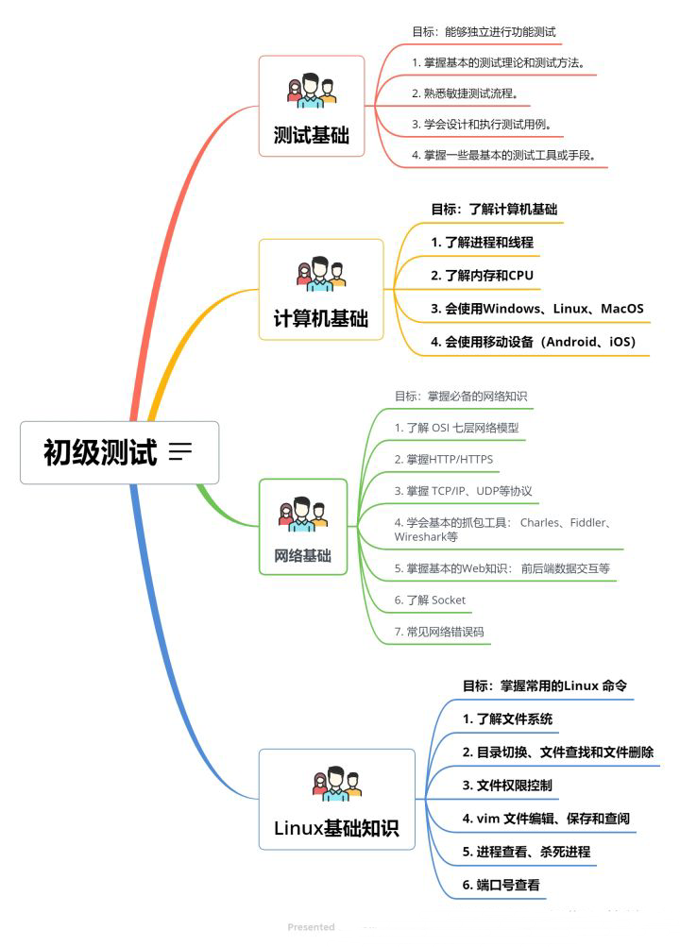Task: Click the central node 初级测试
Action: (99, 452)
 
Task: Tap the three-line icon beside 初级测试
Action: (179, 452)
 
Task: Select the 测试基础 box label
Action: (311, 136)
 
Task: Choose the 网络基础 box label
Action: (303, 556)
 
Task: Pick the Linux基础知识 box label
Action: (336, 829)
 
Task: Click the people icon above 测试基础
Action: (311, 91)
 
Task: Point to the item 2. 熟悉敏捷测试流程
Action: (466, 93)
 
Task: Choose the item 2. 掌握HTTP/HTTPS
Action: (443, 459)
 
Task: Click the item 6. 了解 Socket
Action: (430, 600)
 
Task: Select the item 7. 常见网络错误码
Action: (439, 632)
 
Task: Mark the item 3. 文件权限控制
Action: (507, 786)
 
